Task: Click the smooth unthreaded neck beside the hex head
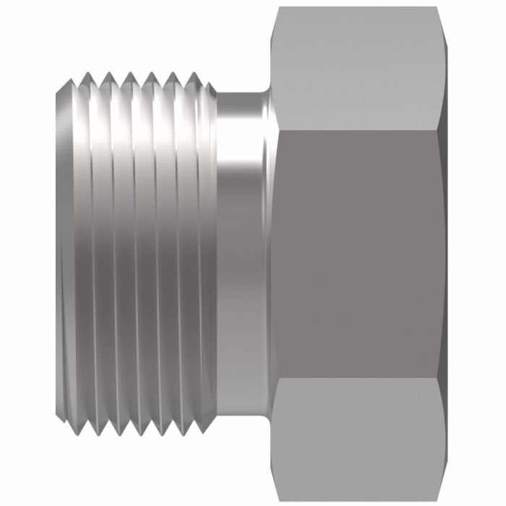pos(242,253)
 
